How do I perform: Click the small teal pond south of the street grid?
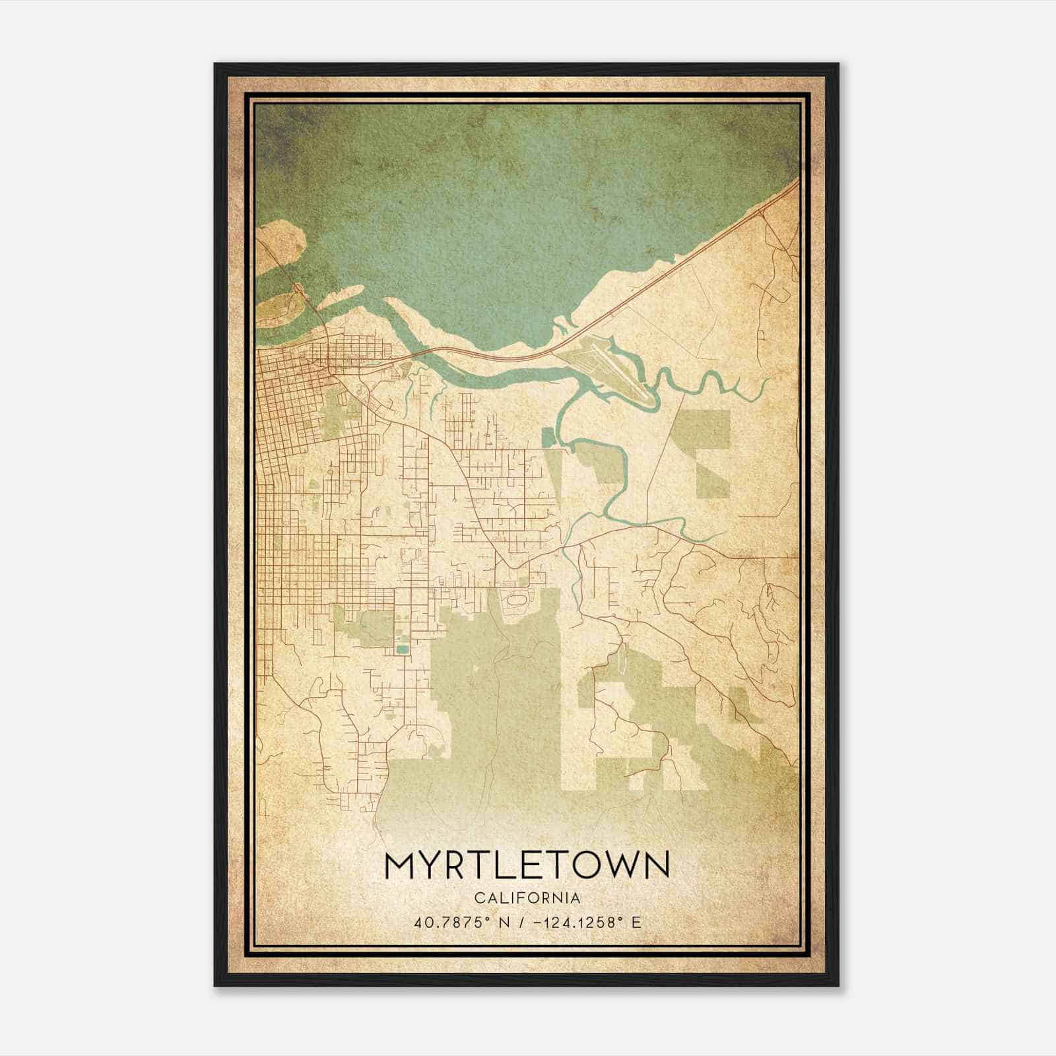tap(401, 650)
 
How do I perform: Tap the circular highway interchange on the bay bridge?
tap(298, 288)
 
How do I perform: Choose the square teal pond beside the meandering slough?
tap(546, 437)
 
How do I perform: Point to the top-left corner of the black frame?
tap(215, 64)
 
